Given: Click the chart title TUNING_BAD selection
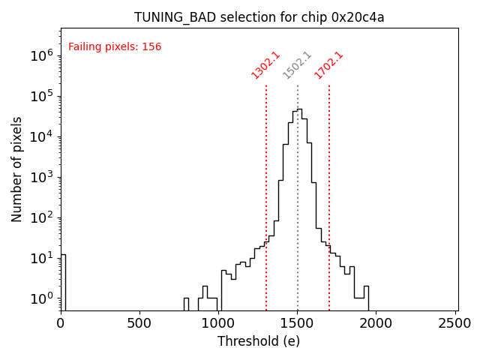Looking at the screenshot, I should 259,17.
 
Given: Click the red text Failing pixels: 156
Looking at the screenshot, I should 115,47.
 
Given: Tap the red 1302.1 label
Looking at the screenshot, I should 265,64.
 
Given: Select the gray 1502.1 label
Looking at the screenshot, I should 297,64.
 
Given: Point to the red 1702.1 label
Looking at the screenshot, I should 328,64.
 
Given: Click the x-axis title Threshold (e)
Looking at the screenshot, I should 259,341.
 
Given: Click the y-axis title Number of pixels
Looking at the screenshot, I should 17,169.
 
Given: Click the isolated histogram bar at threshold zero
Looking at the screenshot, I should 63,281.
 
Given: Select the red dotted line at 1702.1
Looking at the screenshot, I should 328,187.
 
